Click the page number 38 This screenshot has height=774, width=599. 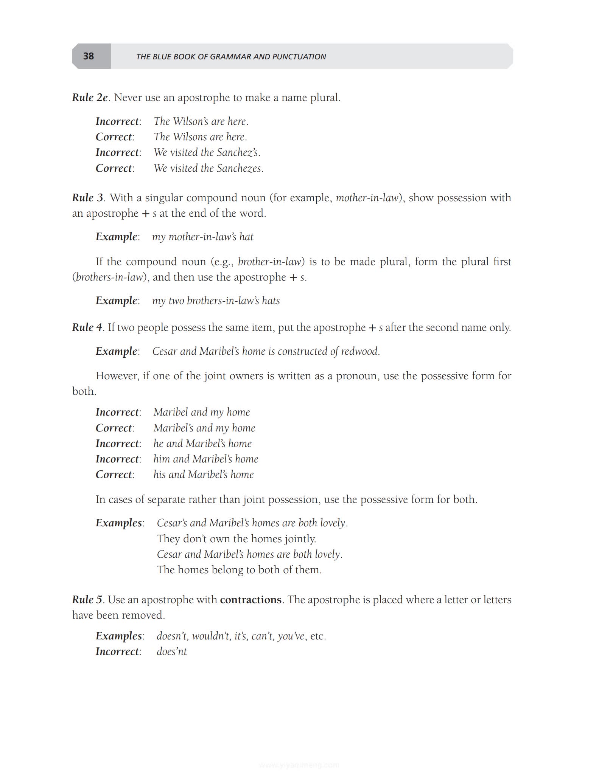(89, 56)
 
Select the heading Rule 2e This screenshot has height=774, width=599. (90, 98)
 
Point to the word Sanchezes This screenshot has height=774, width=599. (239, 168)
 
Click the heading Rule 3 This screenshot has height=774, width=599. (87, 198)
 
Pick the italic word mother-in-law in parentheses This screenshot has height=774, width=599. (367, 198)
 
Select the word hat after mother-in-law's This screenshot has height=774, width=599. (246, 237)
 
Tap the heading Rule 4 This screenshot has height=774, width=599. (87, 327)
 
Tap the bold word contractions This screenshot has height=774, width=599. (250, 600)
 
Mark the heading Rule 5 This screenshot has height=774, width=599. (87, 600)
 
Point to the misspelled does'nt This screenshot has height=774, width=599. (172, 651)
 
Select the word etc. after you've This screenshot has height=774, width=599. (318, 636)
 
